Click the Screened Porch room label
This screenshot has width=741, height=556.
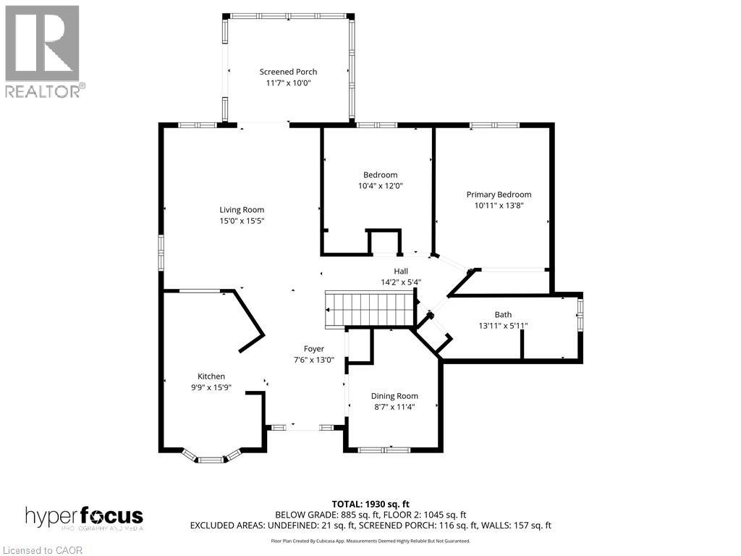click(x=288, y=72)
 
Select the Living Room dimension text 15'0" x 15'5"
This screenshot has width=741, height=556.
click(x=242, y=221)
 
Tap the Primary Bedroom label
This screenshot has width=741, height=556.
click(x=499, y=194)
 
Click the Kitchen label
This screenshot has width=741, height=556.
click(x=211, y=376)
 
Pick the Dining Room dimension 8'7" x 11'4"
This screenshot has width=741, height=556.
click(x=394, y=407)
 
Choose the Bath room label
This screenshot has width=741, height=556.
click(x=503, y=314)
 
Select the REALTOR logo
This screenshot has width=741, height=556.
click(x=43, y=51)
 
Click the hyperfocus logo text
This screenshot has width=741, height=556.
click(x=84, y=517)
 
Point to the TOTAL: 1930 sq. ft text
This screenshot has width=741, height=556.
click(x=370, y=504)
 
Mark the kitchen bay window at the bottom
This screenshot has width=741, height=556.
click(x=211, y=459)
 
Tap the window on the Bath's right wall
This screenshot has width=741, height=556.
click(x=579, y=314)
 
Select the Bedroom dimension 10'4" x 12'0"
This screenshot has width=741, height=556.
click(x=380, y=185)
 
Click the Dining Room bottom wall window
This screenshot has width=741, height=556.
click(x=384, y=450)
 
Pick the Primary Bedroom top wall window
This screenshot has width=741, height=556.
click(x=494, y=125)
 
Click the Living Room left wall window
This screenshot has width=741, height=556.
click(x=161, y=252)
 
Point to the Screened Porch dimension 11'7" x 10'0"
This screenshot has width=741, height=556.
click(x=288, y=83)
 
